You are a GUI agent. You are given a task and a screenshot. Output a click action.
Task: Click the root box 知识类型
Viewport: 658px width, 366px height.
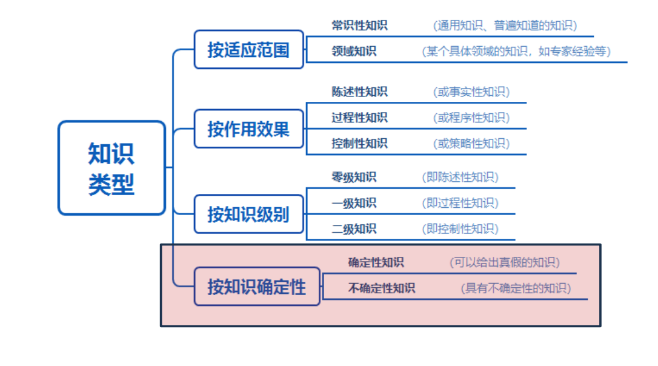[111, 168]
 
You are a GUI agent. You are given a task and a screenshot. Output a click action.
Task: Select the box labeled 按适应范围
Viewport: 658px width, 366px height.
[248, 50]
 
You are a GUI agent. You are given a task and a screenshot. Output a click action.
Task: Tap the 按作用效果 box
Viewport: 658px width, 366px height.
[248, 129]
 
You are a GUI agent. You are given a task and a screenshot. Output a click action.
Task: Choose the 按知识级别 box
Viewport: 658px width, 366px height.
[248, 214]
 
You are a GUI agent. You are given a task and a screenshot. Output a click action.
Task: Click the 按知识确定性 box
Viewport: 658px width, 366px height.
[257, 286]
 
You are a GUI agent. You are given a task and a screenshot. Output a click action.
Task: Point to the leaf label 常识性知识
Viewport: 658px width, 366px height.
[359, 25]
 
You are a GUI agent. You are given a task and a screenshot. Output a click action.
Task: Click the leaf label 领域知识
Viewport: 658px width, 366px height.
[354, 52]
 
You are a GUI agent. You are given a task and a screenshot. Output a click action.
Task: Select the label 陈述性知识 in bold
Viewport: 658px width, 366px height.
[359, 92]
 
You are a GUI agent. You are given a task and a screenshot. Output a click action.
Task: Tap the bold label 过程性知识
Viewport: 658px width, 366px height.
[359, 118]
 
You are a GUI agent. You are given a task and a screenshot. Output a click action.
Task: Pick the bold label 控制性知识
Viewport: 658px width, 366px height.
[359, 144]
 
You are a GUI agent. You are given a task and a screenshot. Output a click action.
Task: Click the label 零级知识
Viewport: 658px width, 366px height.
[354, 177]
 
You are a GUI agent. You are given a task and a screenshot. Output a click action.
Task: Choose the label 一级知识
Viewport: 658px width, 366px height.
[354, 203]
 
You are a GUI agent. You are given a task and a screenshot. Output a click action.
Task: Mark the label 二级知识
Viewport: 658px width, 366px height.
[354, 228]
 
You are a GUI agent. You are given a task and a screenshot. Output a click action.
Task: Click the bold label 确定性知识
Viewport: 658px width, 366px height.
[376, 262]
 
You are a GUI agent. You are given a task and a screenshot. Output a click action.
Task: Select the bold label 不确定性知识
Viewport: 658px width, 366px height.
[382, 288]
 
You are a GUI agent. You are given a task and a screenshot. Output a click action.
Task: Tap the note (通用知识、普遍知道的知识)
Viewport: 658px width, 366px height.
[505, 25]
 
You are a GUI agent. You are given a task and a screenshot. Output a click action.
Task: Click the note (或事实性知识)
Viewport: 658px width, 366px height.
[471, 92]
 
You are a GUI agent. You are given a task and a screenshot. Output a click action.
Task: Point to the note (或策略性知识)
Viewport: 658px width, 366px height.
[471, 144]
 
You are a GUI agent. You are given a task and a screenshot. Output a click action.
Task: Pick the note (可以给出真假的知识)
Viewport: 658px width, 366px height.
[504, 262]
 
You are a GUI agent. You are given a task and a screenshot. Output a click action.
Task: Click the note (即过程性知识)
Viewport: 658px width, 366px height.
[460, 203]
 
